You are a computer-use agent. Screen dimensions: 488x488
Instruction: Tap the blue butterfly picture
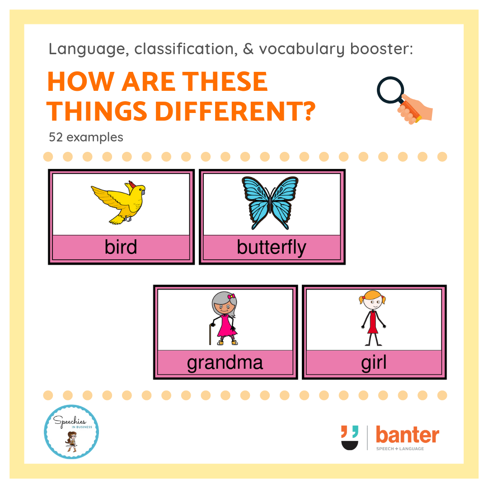270,202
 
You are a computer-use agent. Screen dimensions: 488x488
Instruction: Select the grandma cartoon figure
224,319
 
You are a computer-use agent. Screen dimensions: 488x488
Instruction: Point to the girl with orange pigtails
373,318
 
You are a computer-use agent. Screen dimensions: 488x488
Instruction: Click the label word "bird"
121,247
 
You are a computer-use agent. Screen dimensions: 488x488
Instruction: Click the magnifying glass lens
390,89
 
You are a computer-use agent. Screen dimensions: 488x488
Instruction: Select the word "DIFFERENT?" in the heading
235,111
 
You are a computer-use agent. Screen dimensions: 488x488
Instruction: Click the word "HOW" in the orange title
80,81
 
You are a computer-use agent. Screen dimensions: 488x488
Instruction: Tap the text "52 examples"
86,137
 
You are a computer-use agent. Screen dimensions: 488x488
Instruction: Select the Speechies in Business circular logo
71,432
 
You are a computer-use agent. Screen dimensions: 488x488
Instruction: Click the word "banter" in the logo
408,435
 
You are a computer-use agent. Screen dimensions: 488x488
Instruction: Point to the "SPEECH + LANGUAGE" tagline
400,449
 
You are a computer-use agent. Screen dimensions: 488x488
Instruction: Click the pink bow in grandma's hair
231,296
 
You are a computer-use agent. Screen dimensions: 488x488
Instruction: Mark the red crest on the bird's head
132,184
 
